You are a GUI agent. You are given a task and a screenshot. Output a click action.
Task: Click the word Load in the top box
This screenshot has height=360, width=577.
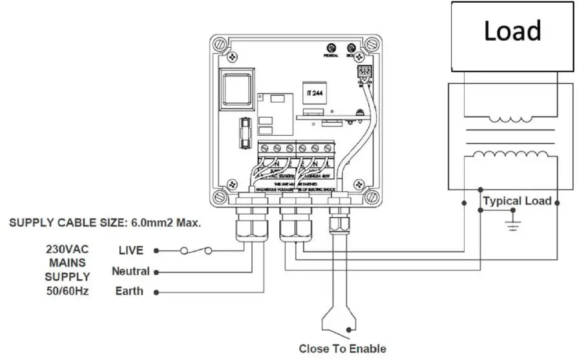[512, 30]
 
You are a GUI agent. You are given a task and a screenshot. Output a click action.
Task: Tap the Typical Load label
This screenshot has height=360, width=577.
[517, 201]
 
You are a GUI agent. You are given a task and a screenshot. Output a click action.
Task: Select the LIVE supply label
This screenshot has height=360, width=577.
[132, 250]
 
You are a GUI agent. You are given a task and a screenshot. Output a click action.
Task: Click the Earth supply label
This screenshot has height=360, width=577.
[129, 291]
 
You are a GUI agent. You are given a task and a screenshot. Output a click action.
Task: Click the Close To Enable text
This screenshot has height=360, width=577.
[342, 349]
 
